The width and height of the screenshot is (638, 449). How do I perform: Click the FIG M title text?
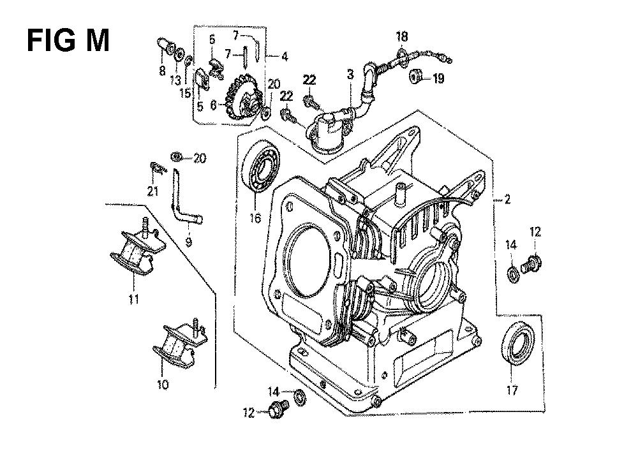[68, 40]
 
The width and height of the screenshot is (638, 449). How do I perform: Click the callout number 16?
[255, 218]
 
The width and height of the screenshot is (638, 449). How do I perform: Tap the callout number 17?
[512, 391]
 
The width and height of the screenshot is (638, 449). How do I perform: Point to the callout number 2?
[507, 199]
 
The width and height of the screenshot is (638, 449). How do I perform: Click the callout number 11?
[134, 299]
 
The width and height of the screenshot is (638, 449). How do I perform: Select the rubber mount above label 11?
[138, 249]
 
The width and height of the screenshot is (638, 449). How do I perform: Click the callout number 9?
[188, 242]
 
